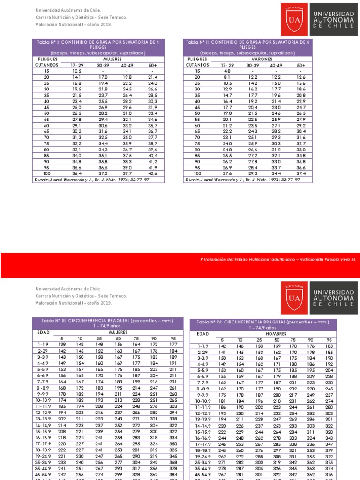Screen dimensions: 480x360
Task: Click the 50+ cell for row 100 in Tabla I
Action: pos(153,173)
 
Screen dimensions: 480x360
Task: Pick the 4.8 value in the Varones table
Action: pos(226,71)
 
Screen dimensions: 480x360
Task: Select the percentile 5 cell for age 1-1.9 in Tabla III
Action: pos(62,344)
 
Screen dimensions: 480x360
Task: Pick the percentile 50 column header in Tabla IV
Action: pos(277,340)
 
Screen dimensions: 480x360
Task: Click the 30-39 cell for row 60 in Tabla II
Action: pos(253,126)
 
